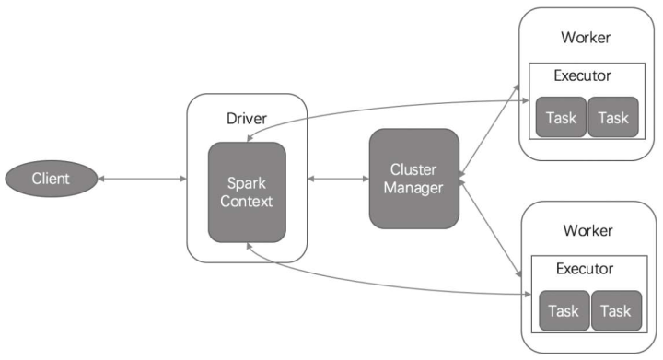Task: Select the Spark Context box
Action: pos(247,192)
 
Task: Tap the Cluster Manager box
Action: pos(413,179)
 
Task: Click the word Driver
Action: pos(246,119)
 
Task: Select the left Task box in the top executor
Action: pos(561,117)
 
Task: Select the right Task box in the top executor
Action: pos(611,117)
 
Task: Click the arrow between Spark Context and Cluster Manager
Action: pos(337,177)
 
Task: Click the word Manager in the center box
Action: pos(413,188)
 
